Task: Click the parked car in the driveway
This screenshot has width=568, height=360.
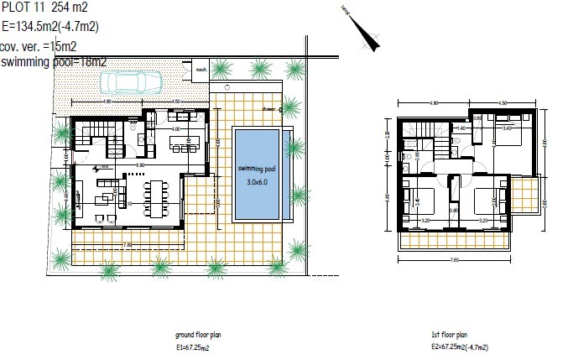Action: tap(131, 81)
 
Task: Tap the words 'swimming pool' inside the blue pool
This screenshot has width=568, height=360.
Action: tap(258, 169)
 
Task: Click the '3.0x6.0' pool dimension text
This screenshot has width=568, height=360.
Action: tap(258, 182)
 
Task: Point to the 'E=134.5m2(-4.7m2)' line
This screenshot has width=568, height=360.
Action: tap(50, 25)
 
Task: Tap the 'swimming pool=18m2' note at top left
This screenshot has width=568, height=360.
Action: tap(54, 61)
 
